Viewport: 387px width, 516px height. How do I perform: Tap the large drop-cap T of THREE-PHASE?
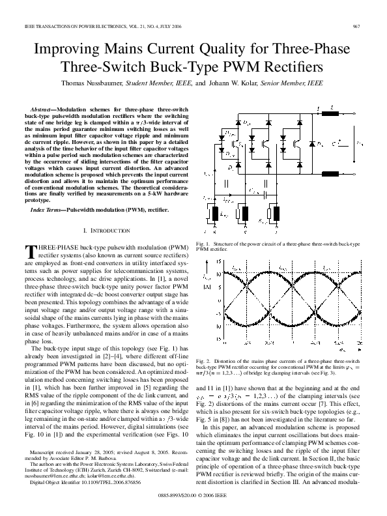point(29,251)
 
